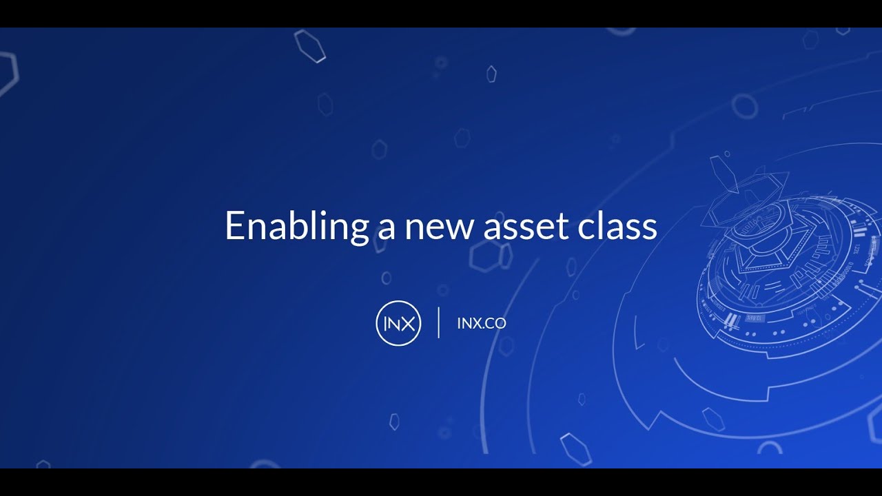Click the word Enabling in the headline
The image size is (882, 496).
pos(297,226)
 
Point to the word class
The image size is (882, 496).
pos(617,226)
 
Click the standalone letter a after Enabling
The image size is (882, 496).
pos(385,229)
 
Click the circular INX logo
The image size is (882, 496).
pos(398,323)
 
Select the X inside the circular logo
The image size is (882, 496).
pos(408,323)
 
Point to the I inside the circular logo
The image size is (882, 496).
pos(386,323)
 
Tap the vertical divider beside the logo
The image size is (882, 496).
pos(439,322)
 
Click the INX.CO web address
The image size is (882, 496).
pos(481,323)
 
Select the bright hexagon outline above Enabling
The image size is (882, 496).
pos(309,45)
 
